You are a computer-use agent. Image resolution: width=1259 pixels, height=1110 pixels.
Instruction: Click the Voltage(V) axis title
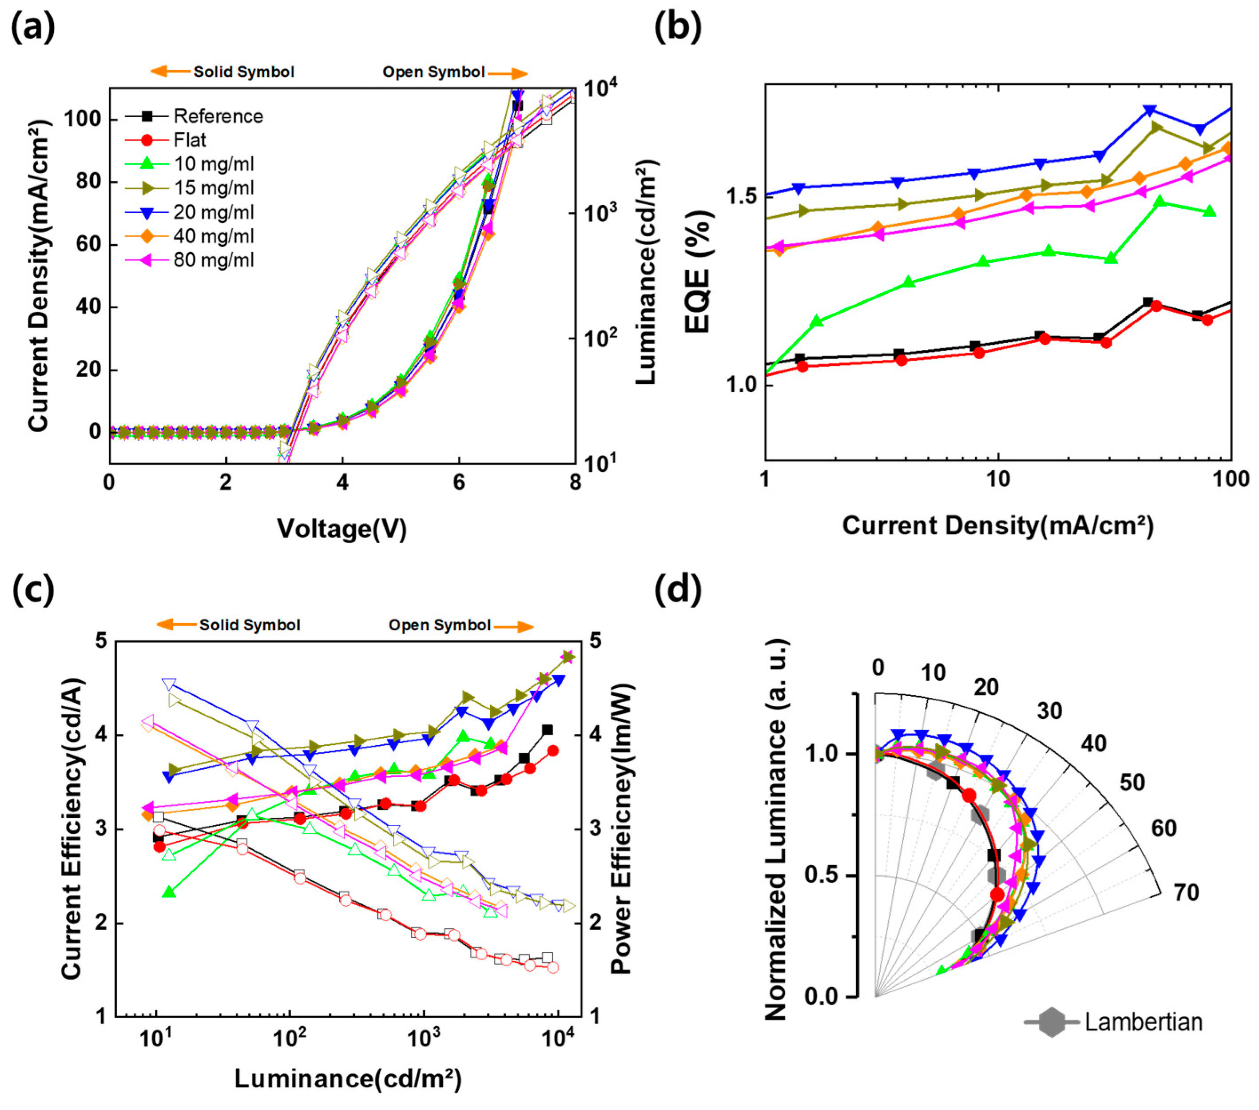342,529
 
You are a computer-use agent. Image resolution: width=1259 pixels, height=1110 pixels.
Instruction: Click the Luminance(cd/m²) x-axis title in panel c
348,1078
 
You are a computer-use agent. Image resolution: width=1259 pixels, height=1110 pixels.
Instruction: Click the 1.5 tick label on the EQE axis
741,196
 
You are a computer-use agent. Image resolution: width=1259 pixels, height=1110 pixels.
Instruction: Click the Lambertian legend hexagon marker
1052,1022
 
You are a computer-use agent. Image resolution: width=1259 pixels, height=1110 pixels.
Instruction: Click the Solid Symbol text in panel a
244,72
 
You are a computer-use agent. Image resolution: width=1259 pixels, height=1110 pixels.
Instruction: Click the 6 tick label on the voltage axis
459,482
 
